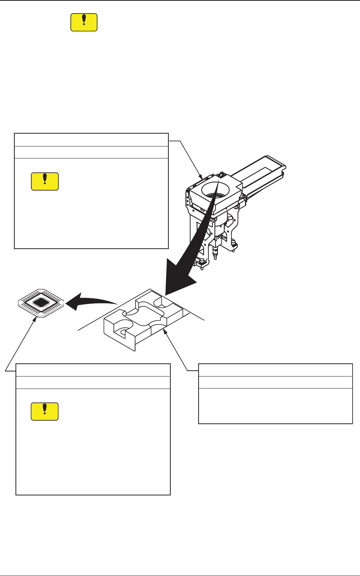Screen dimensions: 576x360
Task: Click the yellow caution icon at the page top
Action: [x=84, y=22]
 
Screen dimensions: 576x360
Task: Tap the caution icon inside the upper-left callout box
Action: [x=45, y=181]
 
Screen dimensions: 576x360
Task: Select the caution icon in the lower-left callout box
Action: [x=45, y=411]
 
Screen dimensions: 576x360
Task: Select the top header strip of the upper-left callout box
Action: [x=91, y=140]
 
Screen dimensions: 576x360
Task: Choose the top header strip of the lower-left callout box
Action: [x=93, y=370]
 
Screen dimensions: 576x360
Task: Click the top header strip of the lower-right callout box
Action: [x=275, y=370]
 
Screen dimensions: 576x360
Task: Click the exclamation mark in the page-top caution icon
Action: [x=84, y=21]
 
